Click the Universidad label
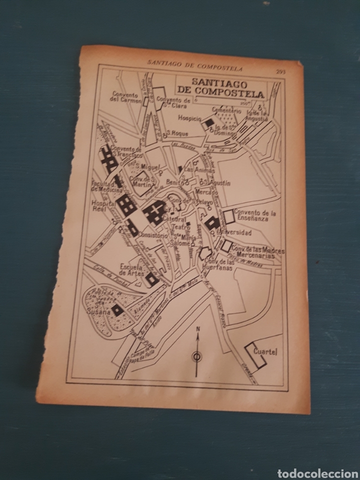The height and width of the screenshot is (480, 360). coord(235,233)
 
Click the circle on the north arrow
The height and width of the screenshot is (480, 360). coord(196,356)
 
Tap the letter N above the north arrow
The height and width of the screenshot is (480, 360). coord(198,328)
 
